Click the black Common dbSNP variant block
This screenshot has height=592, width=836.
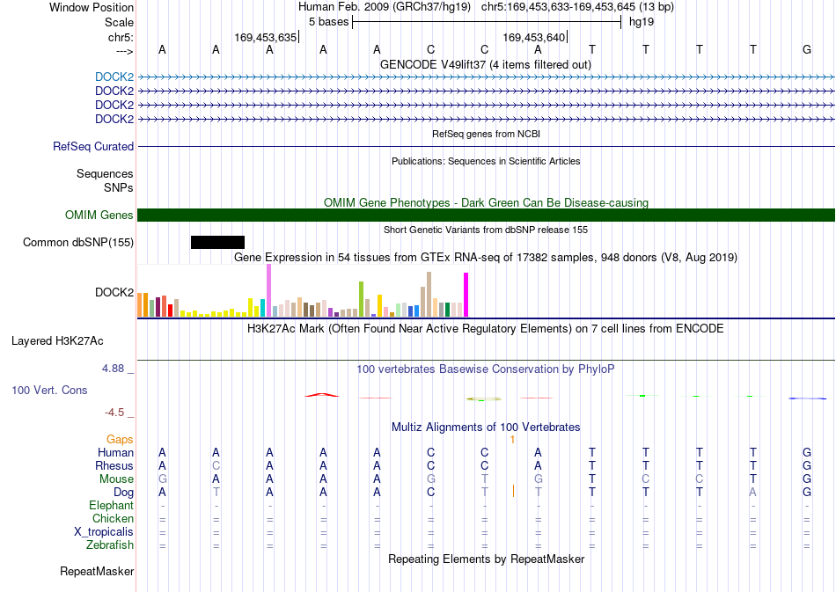[217, 243]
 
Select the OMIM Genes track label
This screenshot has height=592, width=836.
[99, 215]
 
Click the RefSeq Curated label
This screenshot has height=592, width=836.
[93, 147]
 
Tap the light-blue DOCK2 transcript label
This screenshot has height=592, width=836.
[114, 77]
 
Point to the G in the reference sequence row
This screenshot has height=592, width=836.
[807, 49]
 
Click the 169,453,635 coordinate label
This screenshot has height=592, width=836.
[265, 37]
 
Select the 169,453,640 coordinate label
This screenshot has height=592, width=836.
[533, 37]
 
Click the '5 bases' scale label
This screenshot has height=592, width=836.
[328, 22]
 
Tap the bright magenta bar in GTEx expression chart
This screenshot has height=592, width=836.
[466, 295]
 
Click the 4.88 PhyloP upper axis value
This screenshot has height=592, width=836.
[113, 369]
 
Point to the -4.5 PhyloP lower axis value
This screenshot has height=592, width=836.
[114, 412]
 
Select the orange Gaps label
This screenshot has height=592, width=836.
[120, 439]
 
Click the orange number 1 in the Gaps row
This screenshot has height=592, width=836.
[512, 440]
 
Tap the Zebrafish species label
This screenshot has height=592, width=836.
[110, 544]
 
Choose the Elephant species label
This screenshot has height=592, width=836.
[111, 505]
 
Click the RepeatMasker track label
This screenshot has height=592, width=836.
[97, 571]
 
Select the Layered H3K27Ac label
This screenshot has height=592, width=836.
[57, 341]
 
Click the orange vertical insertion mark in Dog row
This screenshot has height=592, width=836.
[513, 491]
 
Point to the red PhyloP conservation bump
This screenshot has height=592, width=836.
[322, 395]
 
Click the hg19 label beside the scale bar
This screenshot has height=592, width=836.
[642, 22]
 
